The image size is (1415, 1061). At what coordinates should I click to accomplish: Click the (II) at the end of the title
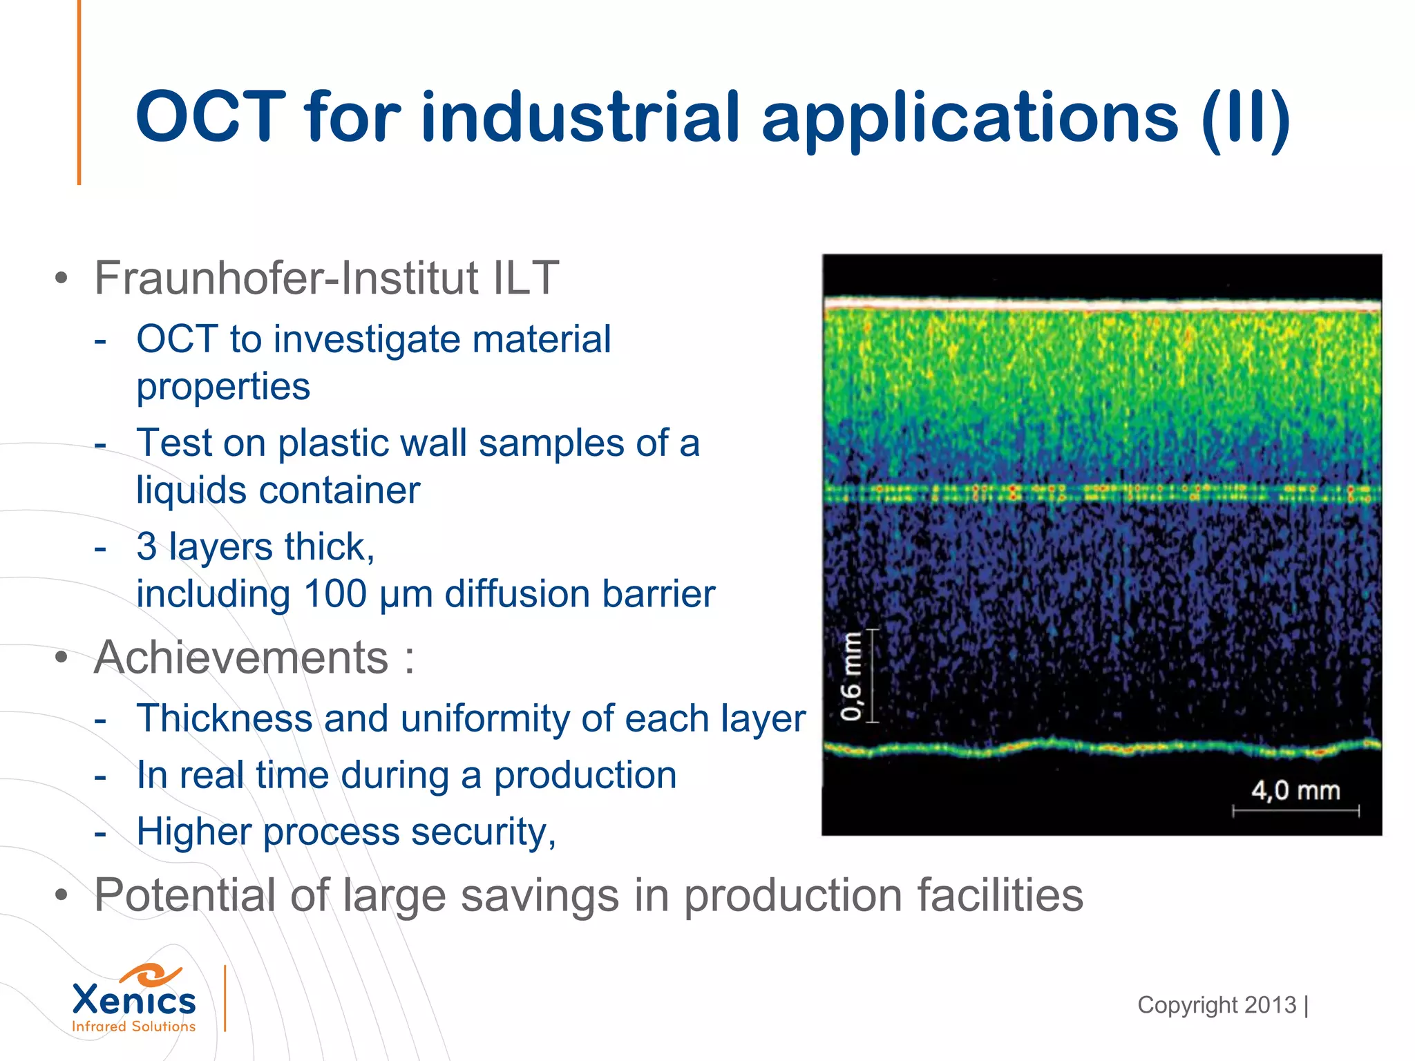point(1246,119)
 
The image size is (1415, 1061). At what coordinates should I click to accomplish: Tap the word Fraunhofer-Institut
point(286,278)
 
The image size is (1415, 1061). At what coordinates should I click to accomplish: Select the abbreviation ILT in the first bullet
point(526,278)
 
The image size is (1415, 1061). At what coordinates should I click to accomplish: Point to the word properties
point(223,387)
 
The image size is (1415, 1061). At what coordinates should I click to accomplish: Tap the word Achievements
point(241,657)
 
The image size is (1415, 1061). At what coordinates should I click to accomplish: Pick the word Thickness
point(225,718)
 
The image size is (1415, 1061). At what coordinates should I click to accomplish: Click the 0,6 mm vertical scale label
point(851,676)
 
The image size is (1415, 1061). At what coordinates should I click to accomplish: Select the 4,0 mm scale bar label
point(1295,790)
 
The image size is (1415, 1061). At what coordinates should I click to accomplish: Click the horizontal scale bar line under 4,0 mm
point(1295,811)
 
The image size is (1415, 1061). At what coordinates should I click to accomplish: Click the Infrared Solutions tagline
point(134,1026)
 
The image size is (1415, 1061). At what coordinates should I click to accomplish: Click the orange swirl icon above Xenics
point(152,975)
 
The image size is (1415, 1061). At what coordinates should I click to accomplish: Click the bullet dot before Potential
point(62,896)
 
